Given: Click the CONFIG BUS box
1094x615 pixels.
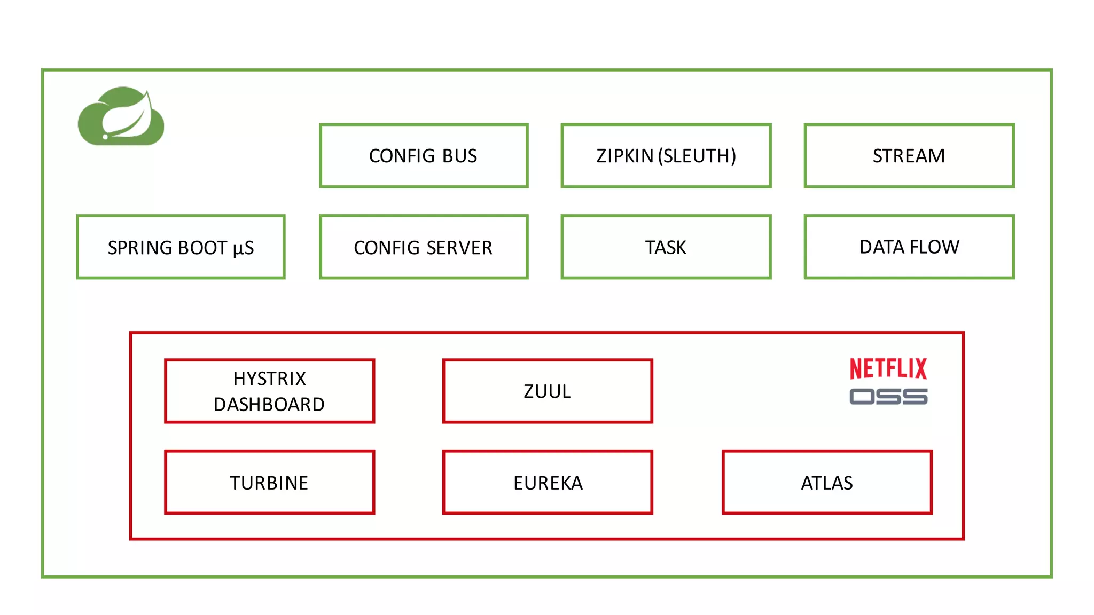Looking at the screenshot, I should pos(424,156).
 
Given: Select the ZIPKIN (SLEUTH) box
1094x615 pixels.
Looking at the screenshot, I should pos(666,156).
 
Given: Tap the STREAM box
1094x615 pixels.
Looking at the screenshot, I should pos(909,156).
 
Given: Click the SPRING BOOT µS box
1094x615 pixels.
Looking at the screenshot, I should pos(181,247).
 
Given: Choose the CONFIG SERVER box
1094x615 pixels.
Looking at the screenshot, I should pos(424,247).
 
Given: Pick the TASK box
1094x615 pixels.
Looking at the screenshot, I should pos(666,247).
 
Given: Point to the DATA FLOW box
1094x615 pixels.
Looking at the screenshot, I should pos(909,247).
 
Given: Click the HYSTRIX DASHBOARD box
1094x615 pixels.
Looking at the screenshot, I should pos(269,391).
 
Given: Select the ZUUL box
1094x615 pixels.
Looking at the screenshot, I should pos(547,391).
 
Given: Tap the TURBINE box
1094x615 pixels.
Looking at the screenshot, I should pos(269,483).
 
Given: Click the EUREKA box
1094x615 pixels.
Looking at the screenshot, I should pos(547,483).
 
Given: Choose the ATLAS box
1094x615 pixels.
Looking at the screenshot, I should pos(826,483).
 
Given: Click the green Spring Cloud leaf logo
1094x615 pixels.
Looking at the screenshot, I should pos(121,117).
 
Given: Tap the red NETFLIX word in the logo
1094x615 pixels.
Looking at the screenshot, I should pos(888,368).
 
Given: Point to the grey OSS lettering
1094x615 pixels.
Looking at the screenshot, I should pos(888,397).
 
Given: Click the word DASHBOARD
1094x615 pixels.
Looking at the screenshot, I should pos(269,405).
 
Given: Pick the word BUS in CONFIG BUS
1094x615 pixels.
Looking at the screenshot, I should pos(459,156).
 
